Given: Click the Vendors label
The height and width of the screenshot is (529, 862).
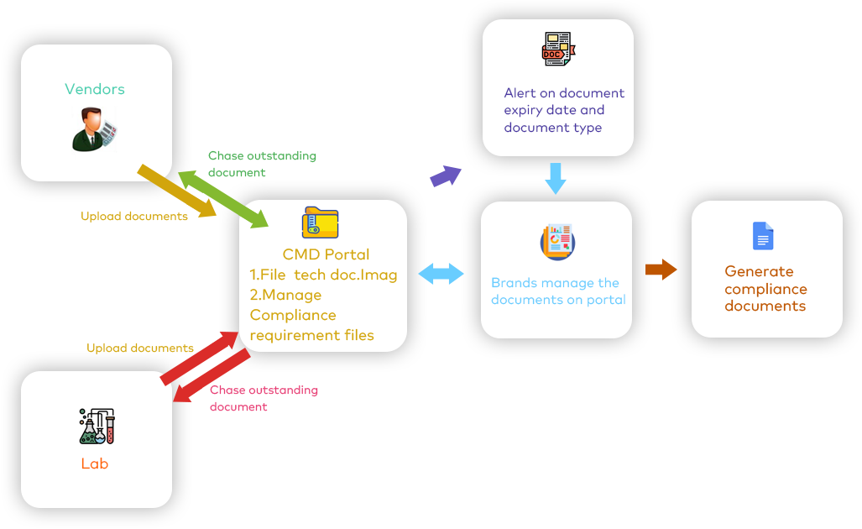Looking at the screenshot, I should point(95,89).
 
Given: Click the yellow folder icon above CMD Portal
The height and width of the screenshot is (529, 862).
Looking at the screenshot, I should point(320,223).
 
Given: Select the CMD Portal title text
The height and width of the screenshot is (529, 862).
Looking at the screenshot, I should point(326,254).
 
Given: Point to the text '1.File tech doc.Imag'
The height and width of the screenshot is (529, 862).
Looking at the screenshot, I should point(323,275).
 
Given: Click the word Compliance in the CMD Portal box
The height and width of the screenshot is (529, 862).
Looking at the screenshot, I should point(293,315).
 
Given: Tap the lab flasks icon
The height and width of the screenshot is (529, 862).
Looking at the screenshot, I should point(97,427).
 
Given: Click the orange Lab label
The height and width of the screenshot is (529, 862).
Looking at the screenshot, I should point(95,464).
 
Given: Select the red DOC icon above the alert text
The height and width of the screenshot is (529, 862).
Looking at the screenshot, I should point(557,50).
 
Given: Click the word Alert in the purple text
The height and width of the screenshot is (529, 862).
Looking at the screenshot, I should point(520,92).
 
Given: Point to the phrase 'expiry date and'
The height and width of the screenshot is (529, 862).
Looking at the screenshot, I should point(554,110).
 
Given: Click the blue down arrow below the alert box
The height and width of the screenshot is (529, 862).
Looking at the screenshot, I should point(556,179).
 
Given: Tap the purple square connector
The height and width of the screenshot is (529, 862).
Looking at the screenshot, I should point(445,176).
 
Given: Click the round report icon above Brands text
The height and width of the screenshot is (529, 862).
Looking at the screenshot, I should point(556,241).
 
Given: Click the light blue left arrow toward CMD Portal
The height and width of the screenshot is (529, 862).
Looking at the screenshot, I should point(441,275).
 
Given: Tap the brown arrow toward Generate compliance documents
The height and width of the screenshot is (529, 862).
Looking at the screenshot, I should point(661,270).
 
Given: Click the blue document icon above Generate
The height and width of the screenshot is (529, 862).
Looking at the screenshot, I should point(762,236).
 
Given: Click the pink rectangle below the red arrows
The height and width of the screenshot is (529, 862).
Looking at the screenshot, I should point(259,400).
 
